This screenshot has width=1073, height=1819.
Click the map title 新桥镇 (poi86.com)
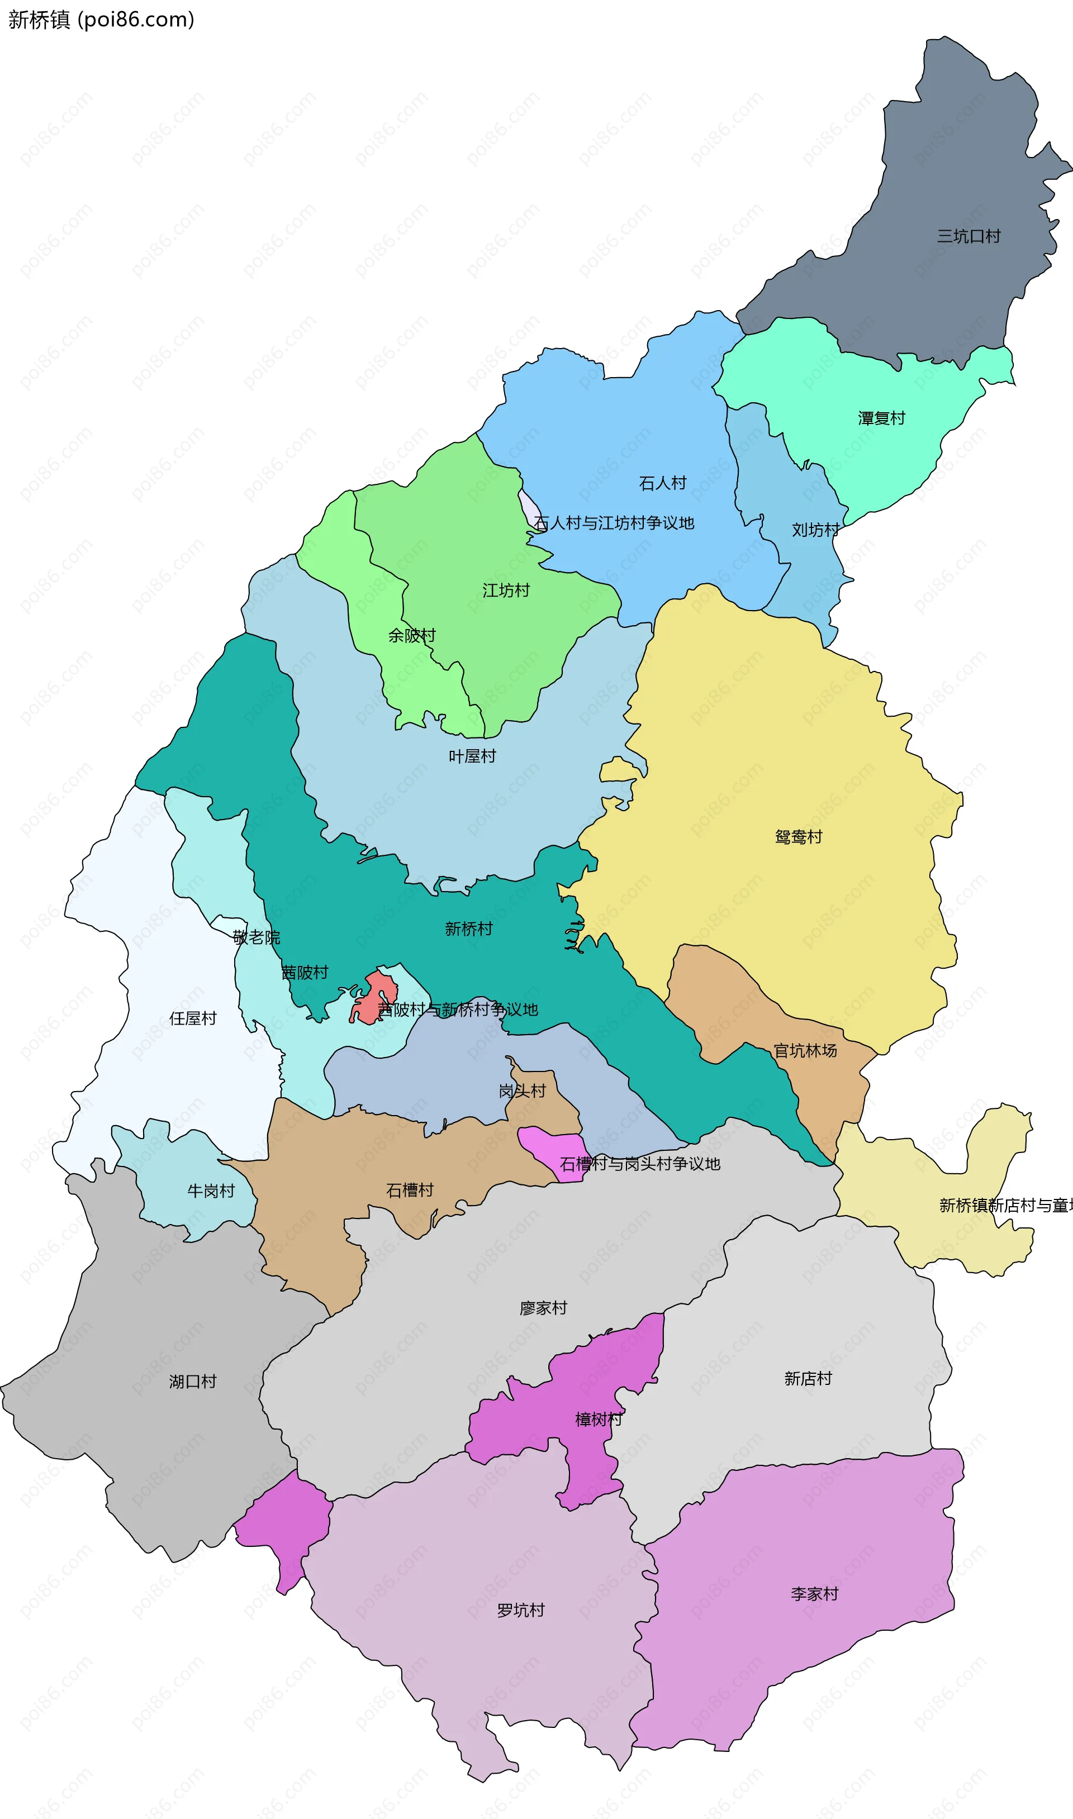click(x=101, y=20)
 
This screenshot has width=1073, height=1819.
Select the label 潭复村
click(x=881, y=418)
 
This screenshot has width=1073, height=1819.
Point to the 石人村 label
click(x=662, y=483)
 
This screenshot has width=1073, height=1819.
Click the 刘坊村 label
click(x=815, y=530)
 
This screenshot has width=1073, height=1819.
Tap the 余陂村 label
click(x=411, y=635)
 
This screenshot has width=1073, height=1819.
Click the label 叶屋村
click(x=472, y=756)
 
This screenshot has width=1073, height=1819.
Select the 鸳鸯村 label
click(x=798, y=837)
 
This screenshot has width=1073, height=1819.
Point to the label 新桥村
click(x=468, y=928)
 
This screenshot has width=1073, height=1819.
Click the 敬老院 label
click(x=256, y=938)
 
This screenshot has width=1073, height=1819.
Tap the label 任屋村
click(x=192, y=1018)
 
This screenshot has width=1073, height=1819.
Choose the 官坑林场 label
click(x=805, y=1051)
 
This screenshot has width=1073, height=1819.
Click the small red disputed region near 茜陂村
click(x=374, y=997)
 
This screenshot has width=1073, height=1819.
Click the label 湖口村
click(x=192, y=1382)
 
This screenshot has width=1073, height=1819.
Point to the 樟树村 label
click(x=598, y=1420)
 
